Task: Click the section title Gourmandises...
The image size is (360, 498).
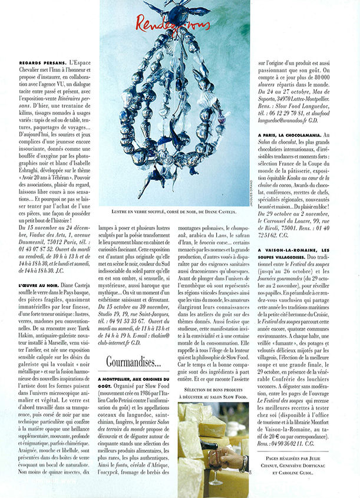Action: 134,361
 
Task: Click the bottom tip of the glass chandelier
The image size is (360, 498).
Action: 176,192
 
